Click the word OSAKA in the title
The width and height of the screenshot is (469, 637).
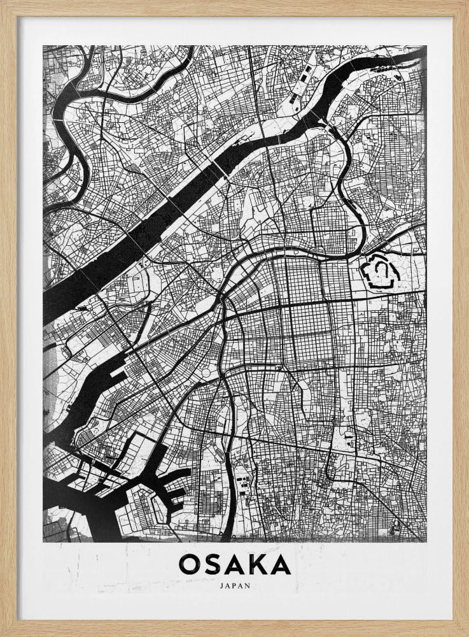coord(235,565)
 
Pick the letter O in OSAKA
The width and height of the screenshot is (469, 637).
coord(190,565)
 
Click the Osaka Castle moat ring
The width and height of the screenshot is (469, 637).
coord(380,273)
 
